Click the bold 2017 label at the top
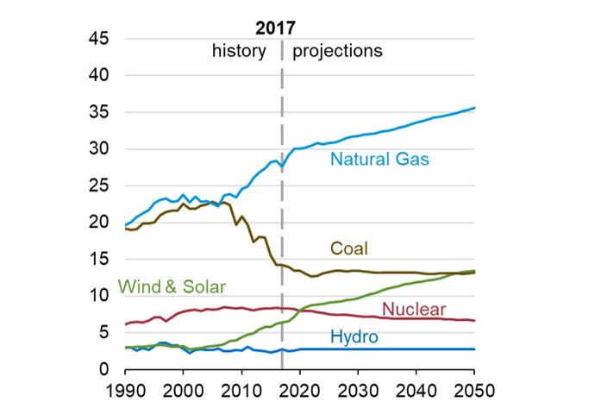(x=281, y=26)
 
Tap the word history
(x=239, y=50)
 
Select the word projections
(x=337, y=50)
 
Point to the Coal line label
(x=349, y=248)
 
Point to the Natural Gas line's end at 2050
(x=474, y=108)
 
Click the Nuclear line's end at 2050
(x=474, y=320)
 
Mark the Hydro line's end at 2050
(x=474, y=348)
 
